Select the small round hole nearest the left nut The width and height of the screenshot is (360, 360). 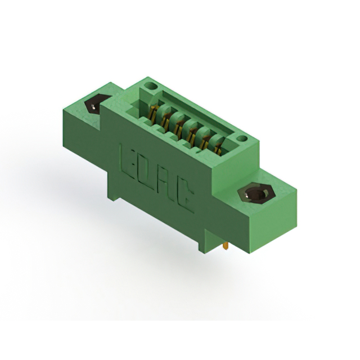[x=150, y=86]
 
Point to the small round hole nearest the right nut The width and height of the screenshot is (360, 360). [x=241, y=138]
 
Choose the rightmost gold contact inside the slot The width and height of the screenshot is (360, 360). [x=215, y=148]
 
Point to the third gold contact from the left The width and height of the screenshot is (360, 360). [x=178, y=127]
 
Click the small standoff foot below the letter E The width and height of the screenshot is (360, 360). [x=114, y=196]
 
